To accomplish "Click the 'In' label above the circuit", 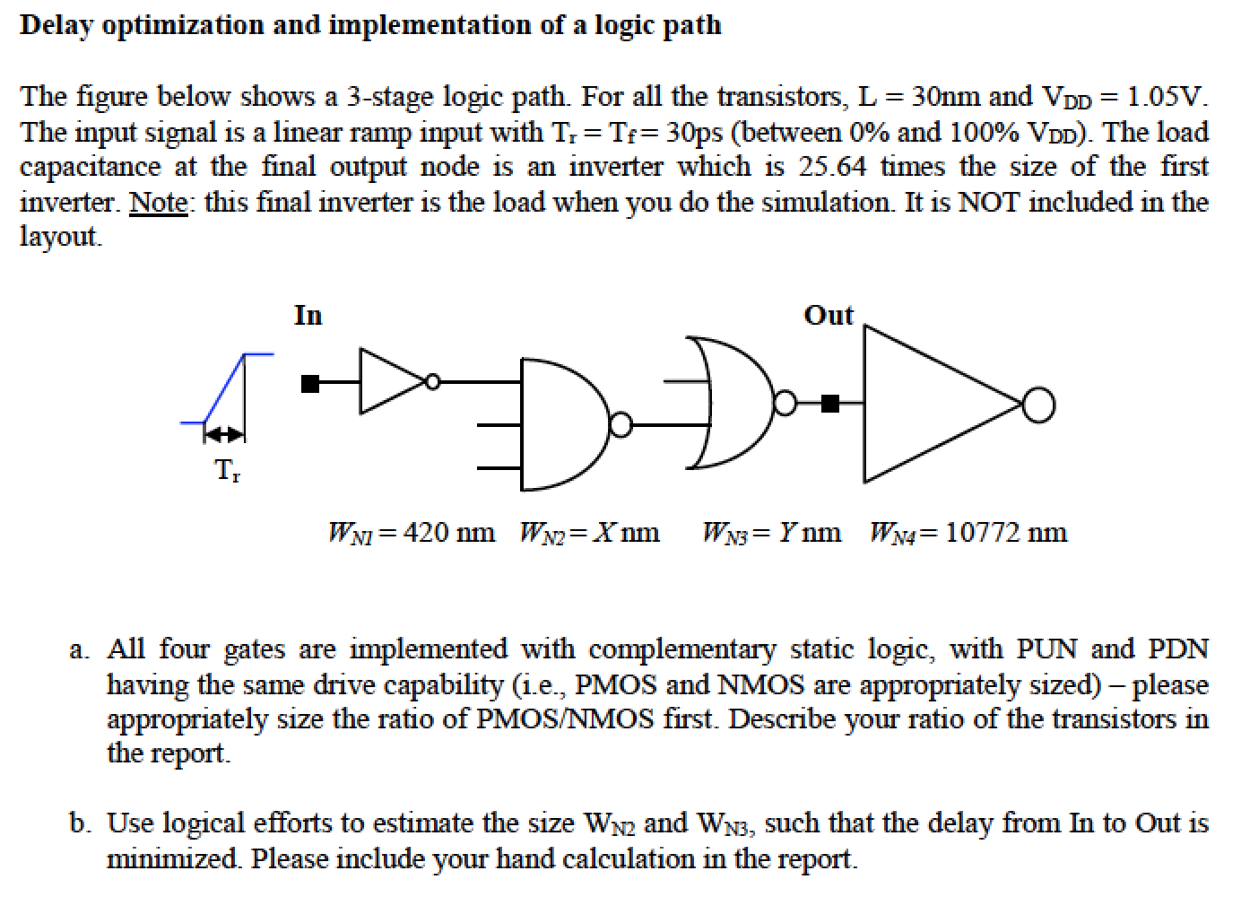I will point(308,316).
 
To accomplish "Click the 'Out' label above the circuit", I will point(829,316).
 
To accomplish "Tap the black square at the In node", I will point(310,384).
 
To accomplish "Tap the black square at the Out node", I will point(830,404).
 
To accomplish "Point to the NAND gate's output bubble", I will point(620,424).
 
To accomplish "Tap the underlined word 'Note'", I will point(159,202).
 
